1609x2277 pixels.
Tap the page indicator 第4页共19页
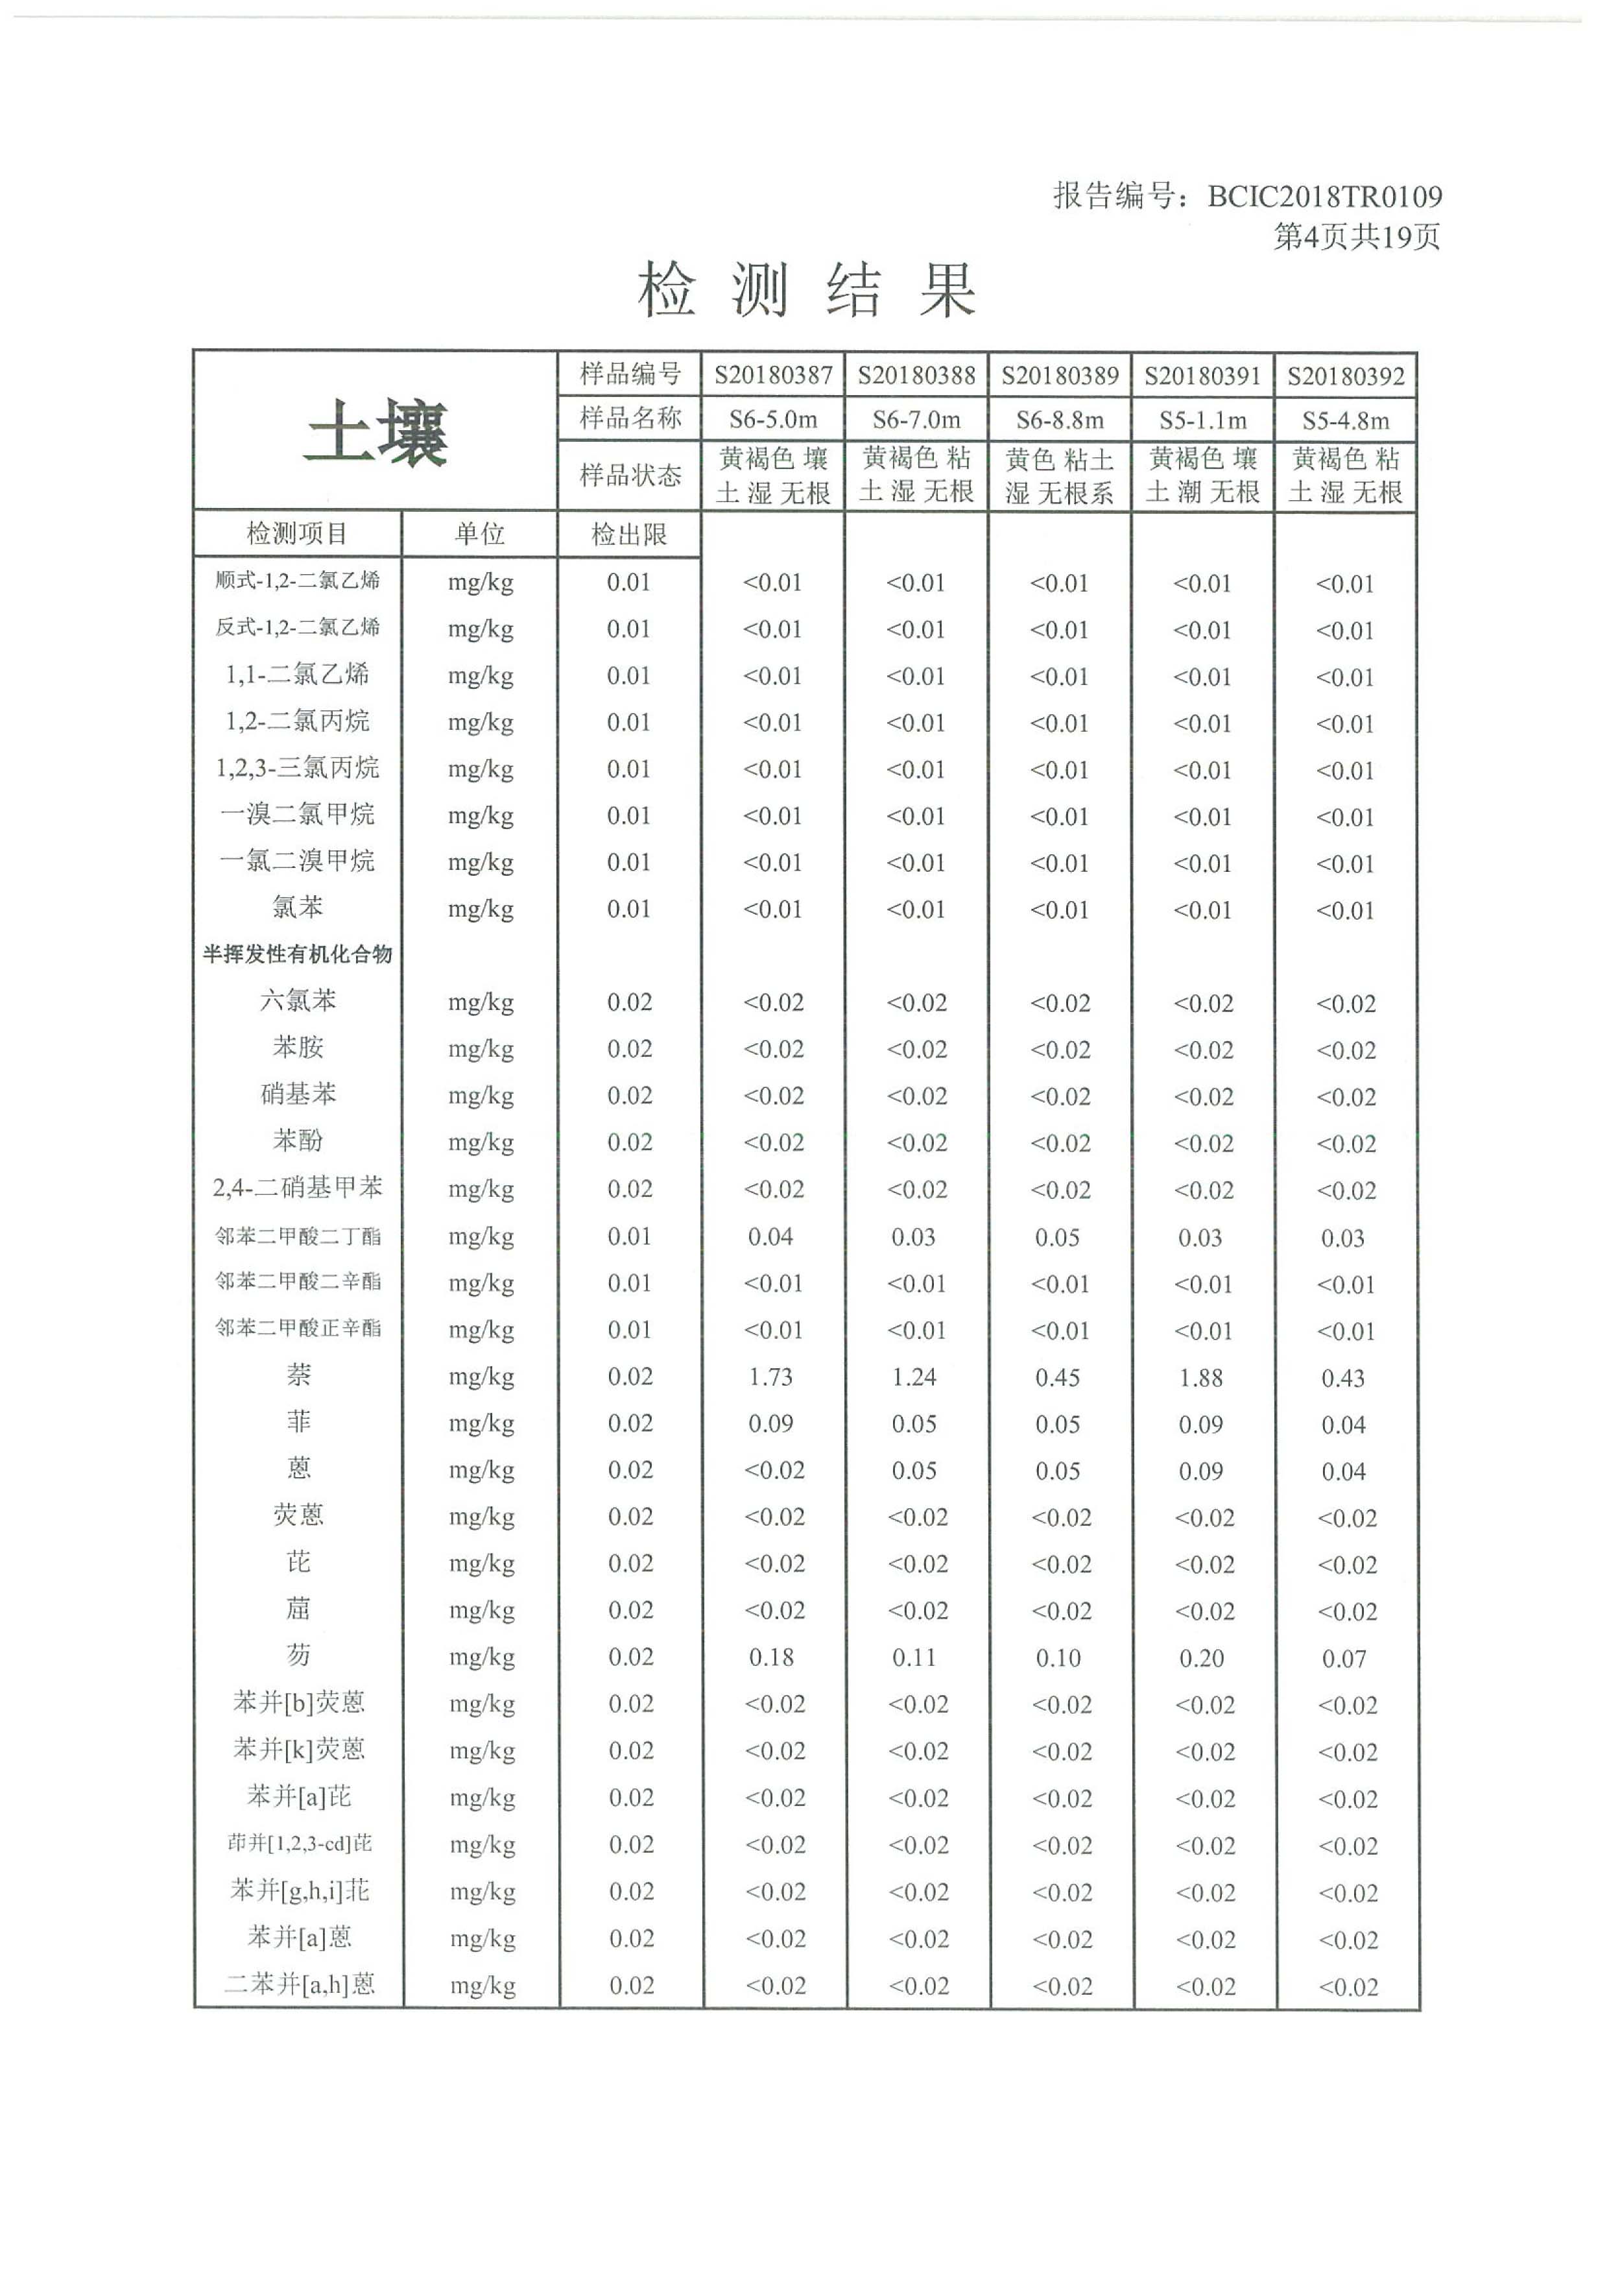point(1355,237)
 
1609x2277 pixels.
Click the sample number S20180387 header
point(772,376)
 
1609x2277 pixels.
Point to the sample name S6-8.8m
point(1059,420)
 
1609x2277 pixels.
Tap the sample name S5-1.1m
point(1202,420)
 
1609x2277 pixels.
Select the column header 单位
point(480,535)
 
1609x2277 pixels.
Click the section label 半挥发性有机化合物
point(298,954)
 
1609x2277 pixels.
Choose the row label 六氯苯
point(298,1001)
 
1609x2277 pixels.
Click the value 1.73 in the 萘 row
point(770,1377)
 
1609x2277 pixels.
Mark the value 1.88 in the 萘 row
point(1200,1377)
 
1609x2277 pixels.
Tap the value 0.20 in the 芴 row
point(1200,1658)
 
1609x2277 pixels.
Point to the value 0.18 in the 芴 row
point(770,1657)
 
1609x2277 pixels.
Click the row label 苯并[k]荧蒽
point(298,1750)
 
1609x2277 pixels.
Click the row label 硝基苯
point(298,1094)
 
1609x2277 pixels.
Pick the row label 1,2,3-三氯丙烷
point(298,767)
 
